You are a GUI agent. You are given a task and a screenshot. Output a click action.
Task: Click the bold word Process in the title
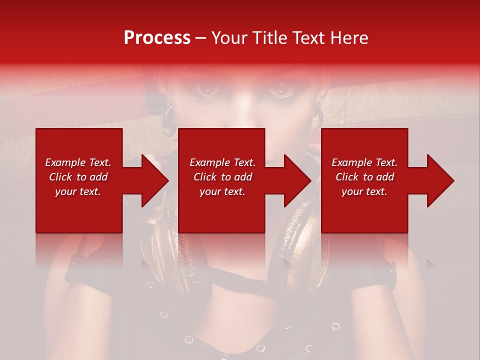[x=157, y=38]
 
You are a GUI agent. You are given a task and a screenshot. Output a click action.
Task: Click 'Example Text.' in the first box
[x=78, y=162]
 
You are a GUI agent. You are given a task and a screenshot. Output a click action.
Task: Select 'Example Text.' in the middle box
[x=222, y=162]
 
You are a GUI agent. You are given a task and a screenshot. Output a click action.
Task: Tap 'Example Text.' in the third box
[x=364, y=162]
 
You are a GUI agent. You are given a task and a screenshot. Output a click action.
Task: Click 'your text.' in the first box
[x=78, y=191]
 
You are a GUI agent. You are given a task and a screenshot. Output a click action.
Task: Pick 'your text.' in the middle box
[x=222, y=191]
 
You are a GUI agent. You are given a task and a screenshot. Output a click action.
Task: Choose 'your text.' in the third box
[x=364, y=191]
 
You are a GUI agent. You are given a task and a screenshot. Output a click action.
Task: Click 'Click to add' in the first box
[x=78, y=177]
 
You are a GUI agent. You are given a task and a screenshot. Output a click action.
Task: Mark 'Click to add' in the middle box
[x=222, y=177]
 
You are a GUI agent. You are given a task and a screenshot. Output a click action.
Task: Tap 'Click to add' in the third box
[x=364, y=177]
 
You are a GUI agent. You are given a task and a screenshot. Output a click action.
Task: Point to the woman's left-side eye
[x=205, y=89]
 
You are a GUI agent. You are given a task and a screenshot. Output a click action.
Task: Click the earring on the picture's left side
[x=168, y=113]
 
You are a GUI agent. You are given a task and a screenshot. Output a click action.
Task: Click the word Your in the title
[x=227, y=38]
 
